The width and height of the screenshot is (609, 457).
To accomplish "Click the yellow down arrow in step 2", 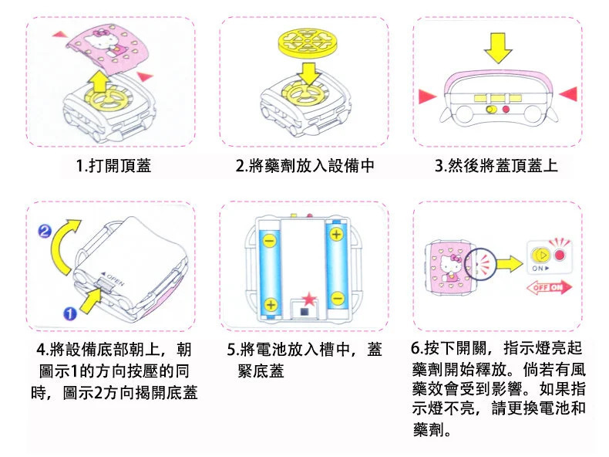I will [x=310, y=73].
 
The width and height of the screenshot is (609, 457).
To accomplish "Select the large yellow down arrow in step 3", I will [x=497, y=49].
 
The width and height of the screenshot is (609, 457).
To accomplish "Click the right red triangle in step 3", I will [x=568, y=93].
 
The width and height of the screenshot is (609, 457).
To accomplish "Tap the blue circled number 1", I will [x=68, y=313].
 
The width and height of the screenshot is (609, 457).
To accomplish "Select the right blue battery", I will [x=337, y=266].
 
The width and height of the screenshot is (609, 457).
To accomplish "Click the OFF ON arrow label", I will [x=545, y=287].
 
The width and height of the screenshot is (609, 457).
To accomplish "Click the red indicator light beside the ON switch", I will [x=560, y=254].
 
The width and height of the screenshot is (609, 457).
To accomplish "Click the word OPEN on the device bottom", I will [x=112, y=273].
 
